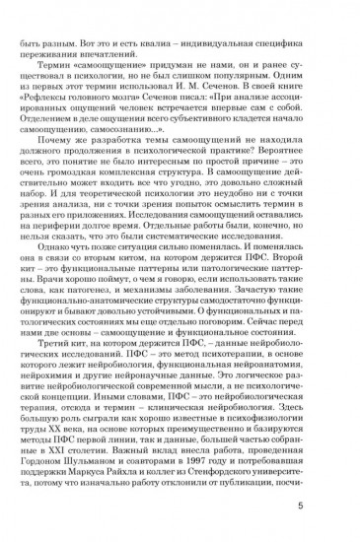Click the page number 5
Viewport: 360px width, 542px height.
[339, 508]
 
